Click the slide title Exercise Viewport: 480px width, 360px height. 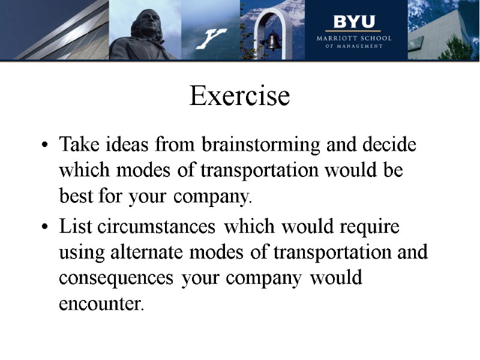tap(239, 96)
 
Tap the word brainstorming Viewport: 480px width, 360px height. tap(260, 146)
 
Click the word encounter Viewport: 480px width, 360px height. tap(101, 304)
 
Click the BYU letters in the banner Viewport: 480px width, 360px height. tap(354, 22)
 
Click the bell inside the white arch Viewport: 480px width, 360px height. tap(273, 41)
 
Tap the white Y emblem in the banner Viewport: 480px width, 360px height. tap(211, 38)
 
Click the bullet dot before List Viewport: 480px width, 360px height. tap(46, 229)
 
